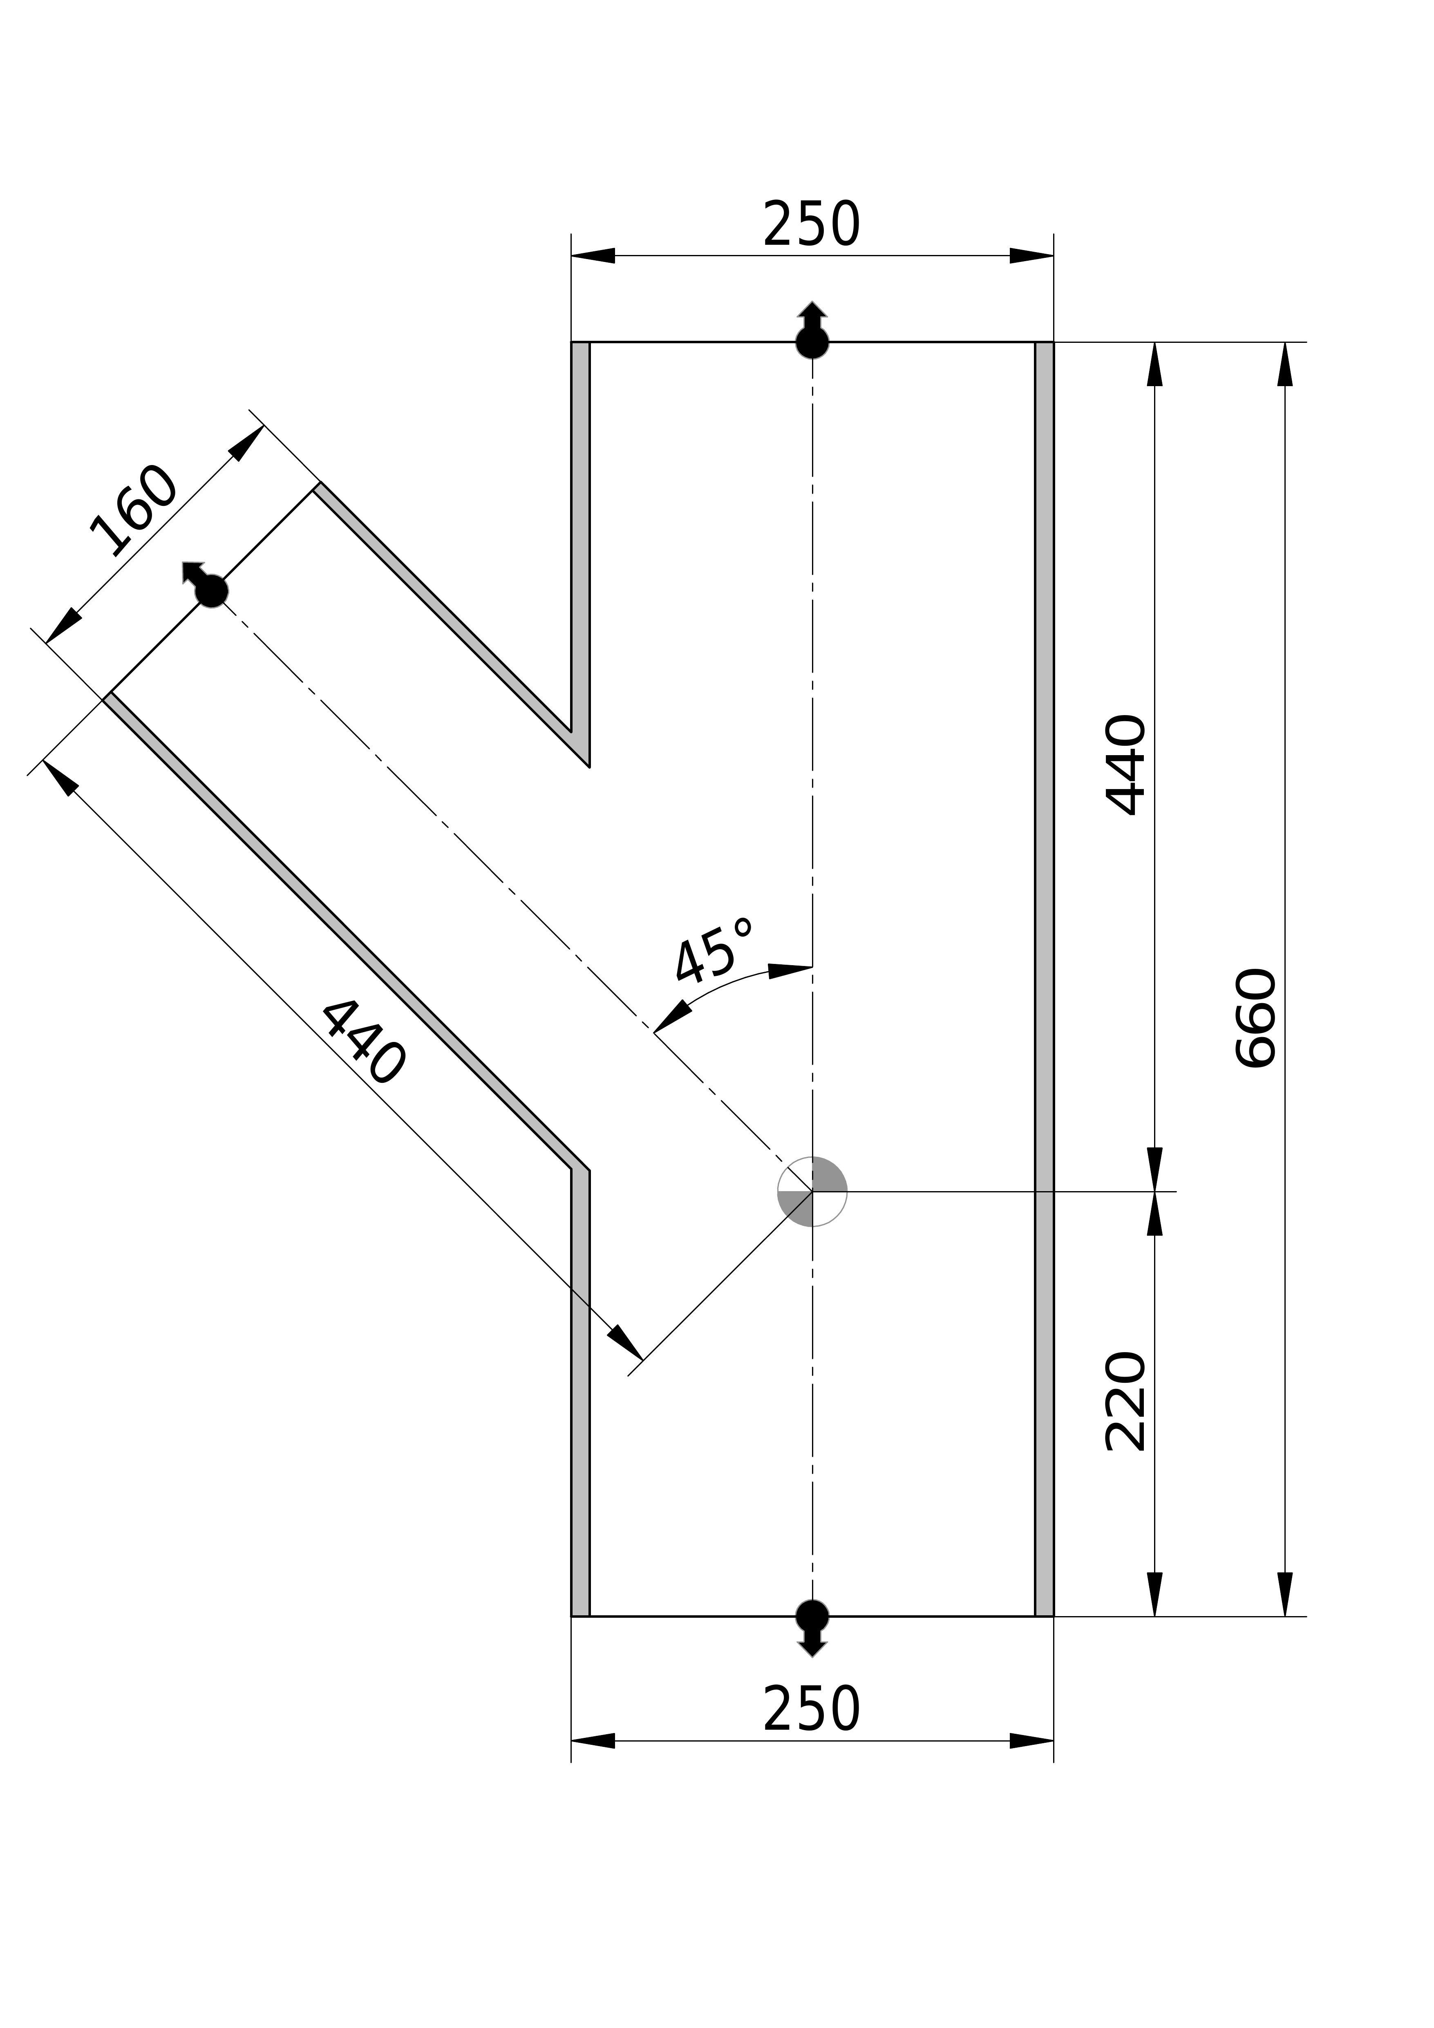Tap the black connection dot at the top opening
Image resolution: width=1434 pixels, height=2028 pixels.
click(812, 342)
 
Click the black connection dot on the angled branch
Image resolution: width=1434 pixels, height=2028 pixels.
click(211, 591)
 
